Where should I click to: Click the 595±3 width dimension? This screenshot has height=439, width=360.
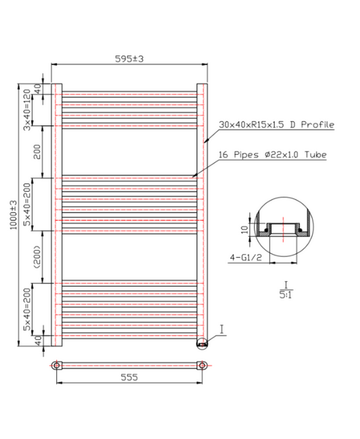pos(129,59)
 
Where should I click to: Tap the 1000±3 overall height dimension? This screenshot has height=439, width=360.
pos(13,215)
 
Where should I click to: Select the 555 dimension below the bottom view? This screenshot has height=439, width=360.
pos(129,377)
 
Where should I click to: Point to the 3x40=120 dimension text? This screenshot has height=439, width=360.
pos(27,110)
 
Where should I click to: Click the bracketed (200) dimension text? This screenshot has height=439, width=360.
pos(37,257)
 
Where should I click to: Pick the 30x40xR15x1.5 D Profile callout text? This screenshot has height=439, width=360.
pos(277,125)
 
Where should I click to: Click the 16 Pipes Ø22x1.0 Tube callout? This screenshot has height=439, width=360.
pos(272,154)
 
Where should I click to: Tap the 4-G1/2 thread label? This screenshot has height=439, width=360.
pos(246,257)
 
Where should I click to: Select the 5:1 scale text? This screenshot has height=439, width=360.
pos(285,295)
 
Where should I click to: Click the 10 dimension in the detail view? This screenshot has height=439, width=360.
pos(245,230)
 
